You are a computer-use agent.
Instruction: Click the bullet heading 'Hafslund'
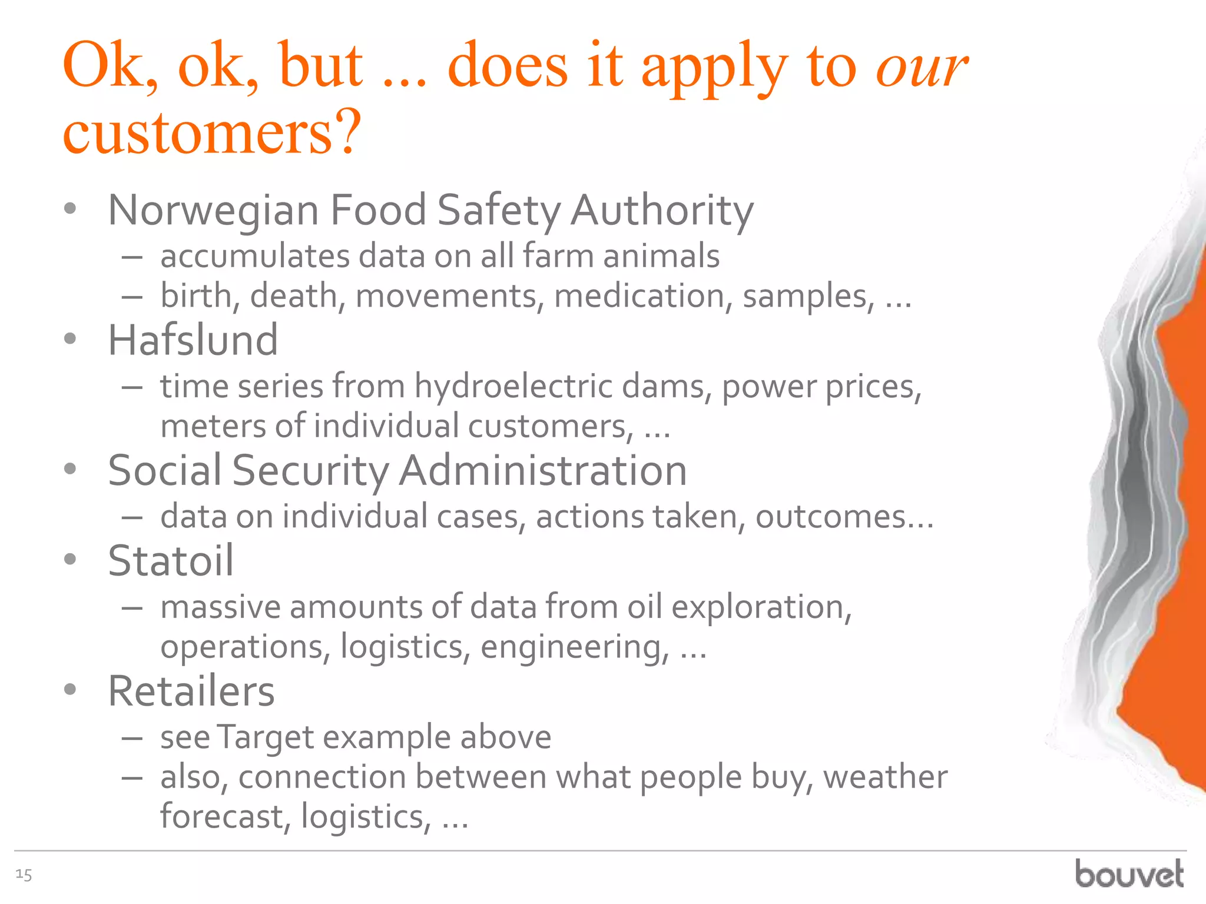(x=193, y=341)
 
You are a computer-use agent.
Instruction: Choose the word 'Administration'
(x=543, y=471)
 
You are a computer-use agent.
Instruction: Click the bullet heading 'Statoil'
(x=171, y=561)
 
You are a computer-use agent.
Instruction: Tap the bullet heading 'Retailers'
(x=191, y=692)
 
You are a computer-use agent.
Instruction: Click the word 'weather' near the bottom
(x=885, y=777)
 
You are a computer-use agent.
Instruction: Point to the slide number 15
(x=24, y=875)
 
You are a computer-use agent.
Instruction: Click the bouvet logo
(x=1129, y=874)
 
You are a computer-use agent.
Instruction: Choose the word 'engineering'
(x=575, y=647)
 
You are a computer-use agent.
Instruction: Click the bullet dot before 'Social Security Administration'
(x=71, y=469)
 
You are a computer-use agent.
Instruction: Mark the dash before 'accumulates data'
(x=132, y=257)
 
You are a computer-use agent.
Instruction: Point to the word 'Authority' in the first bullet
(x=662, y=211)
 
